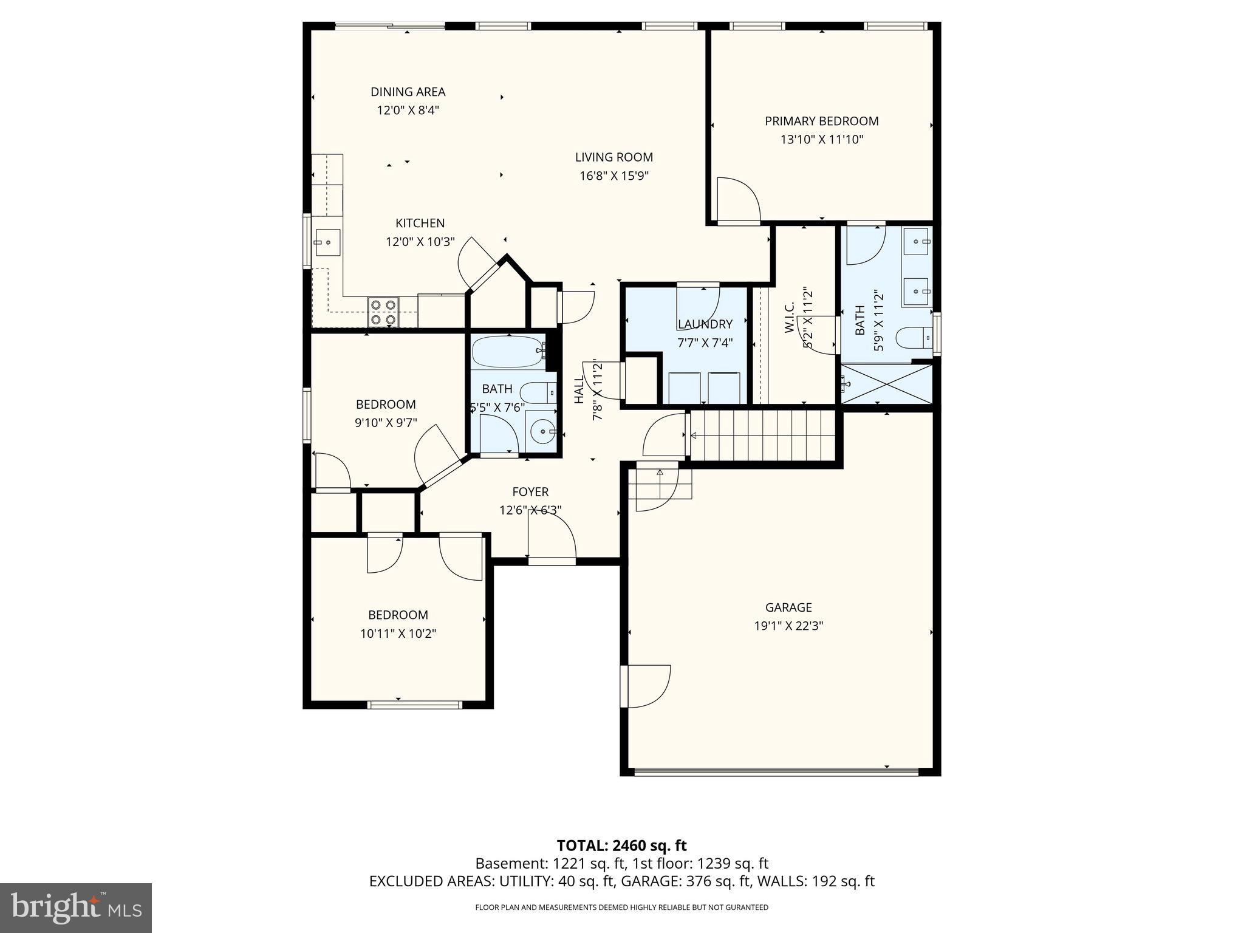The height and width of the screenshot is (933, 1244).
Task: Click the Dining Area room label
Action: [x=408, y=92]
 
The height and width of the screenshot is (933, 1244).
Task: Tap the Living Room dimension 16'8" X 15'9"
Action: [x=614, y=176]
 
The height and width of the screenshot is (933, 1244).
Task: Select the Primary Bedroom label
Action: [x=821, y=121]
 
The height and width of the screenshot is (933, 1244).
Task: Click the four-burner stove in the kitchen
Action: [x=383, y=312]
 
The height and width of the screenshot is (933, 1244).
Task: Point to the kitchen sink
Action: [x=327, y=242]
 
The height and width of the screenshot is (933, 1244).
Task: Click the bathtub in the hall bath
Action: [x=509, y=352]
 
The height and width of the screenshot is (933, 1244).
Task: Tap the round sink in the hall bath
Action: [x=542, y=432]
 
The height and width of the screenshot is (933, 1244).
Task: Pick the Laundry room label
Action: [x=705, y=324]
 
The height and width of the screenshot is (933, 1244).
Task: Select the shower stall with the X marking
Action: [x=886, y=383]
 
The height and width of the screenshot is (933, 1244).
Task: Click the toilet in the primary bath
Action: [x=914, y=338]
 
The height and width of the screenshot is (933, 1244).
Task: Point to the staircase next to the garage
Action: [x=763, y=436]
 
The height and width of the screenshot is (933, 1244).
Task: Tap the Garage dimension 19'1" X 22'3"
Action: [x=788, y=626]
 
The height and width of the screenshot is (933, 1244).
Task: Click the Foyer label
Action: [x=530, y=492]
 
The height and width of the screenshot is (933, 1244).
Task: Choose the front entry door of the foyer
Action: [x=552, y=541]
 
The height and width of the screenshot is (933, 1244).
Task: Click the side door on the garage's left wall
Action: [x=645, y=686]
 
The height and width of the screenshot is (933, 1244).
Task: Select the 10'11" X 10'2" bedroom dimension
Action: [x=398, y=634]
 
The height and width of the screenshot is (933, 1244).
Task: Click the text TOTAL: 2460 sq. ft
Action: [x=621, y=846]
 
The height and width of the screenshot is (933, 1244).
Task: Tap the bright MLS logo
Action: [x=76, y=907]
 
